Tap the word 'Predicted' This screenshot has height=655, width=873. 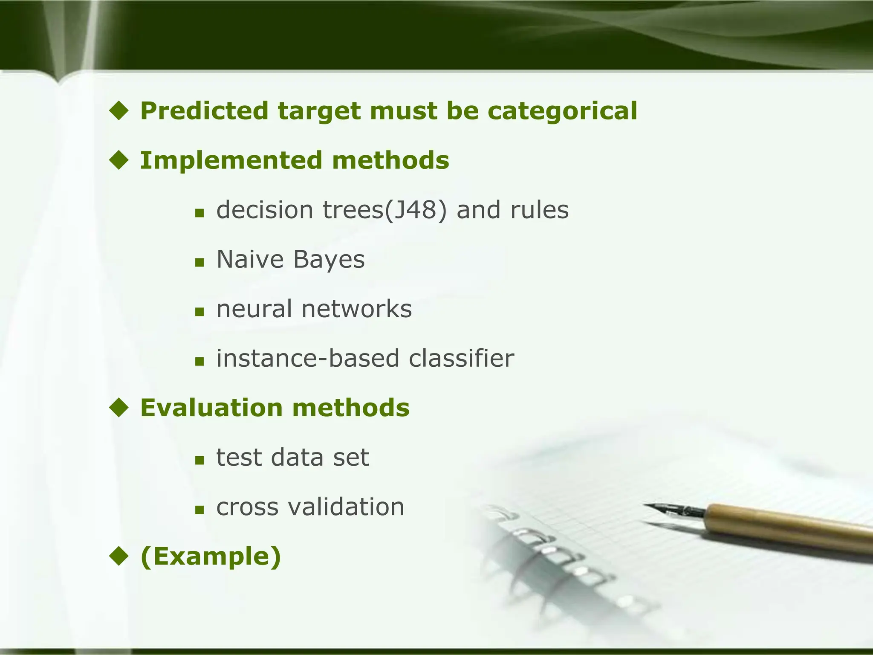[204, 111]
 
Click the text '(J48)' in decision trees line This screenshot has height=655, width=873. [416, 210]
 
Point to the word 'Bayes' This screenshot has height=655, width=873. [329, 259]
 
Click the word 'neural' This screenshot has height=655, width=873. [254, 309]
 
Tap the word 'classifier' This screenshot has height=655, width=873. [461, 358]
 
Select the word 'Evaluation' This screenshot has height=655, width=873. [211, 408]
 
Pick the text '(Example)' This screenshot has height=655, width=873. [211, 556]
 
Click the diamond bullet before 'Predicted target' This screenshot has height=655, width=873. [119, 111]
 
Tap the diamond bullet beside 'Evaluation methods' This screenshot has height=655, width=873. [119, 408]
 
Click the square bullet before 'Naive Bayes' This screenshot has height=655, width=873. [199, 262]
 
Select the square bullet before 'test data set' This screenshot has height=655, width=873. [199, 460]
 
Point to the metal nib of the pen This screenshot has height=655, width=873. [674, 509]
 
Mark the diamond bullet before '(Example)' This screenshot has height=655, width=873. [119, 556]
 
